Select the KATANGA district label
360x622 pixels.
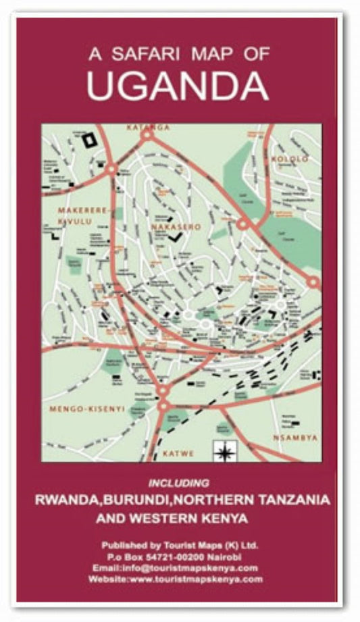coord(148,127)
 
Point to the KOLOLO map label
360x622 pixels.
coord(289,159)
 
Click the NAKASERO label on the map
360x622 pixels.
coord(176,227)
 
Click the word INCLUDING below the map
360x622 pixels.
coord(179,483)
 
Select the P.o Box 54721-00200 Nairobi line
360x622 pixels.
coord(179,556)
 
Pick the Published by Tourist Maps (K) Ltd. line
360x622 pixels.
coord(179,545)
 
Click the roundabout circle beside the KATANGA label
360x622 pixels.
coord(147,136)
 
